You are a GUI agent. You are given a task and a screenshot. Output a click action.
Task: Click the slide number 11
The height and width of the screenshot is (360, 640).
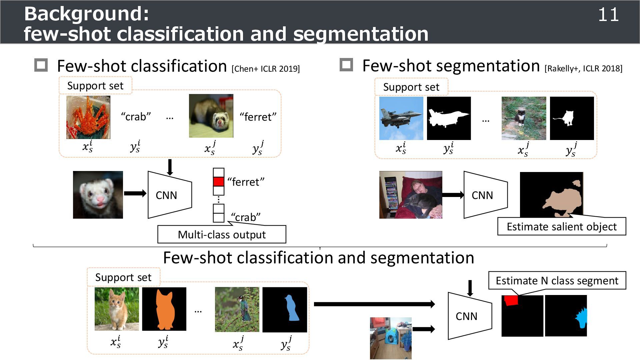pos(608,15)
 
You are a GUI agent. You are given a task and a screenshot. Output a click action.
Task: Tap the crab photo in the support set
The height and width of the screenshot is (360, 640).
pos(88,117)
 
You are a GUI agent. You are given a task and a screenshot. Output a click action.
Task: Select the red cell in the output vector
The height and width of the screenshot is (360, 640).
pos(218,182)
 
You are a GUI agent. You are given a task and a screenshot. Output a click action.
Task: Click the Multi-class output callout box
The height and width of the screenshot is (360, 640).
pos(222,234)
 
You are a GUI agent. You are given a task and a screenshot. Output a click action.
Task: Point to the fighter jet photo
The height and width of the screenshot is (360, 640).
pos(401,118)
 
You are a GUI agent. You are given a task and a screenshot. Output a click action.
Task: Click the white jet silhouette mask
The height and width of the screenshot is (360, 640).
pos(449,118)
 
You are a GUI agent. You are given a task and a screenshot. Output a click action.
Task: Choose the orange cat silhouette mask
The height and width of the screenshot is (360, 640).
pos(164,309)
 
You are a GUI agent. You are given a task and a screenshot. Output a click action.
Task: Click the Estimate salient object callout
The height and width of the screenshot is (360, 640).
pos(562,227)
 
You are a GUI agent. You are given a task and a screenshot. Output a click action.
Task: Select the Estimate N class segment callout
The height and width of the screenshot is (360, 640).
pos(557,281)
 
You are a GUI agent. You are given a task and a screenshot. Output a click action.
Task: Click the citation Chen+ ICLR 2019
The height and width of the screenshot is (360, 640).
pos(266,69)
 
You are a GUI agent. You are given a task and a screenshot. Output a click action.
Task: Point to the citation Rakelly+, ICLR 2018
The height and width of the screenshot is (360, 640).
pos(583,69)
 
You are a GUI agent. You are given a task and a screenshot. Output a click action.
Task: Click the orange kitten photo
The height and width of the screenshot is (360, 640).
pos(117,309)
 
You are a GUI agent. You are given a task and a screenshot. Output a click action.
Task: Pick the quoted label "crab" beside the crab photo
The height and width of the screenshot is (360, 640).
pos(136,117)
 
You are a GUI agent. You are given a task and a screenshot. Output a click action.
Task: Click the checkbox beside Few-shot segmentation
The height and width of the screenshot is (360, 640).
pos(346,65)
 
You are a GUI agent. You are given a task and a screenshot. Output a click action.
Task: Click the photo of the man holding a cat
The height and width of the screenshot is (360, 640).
pos(411,195)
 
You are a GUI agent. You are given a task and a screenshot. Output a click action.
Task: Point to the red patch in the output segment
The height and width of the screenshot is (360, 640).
pos(511,300)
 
